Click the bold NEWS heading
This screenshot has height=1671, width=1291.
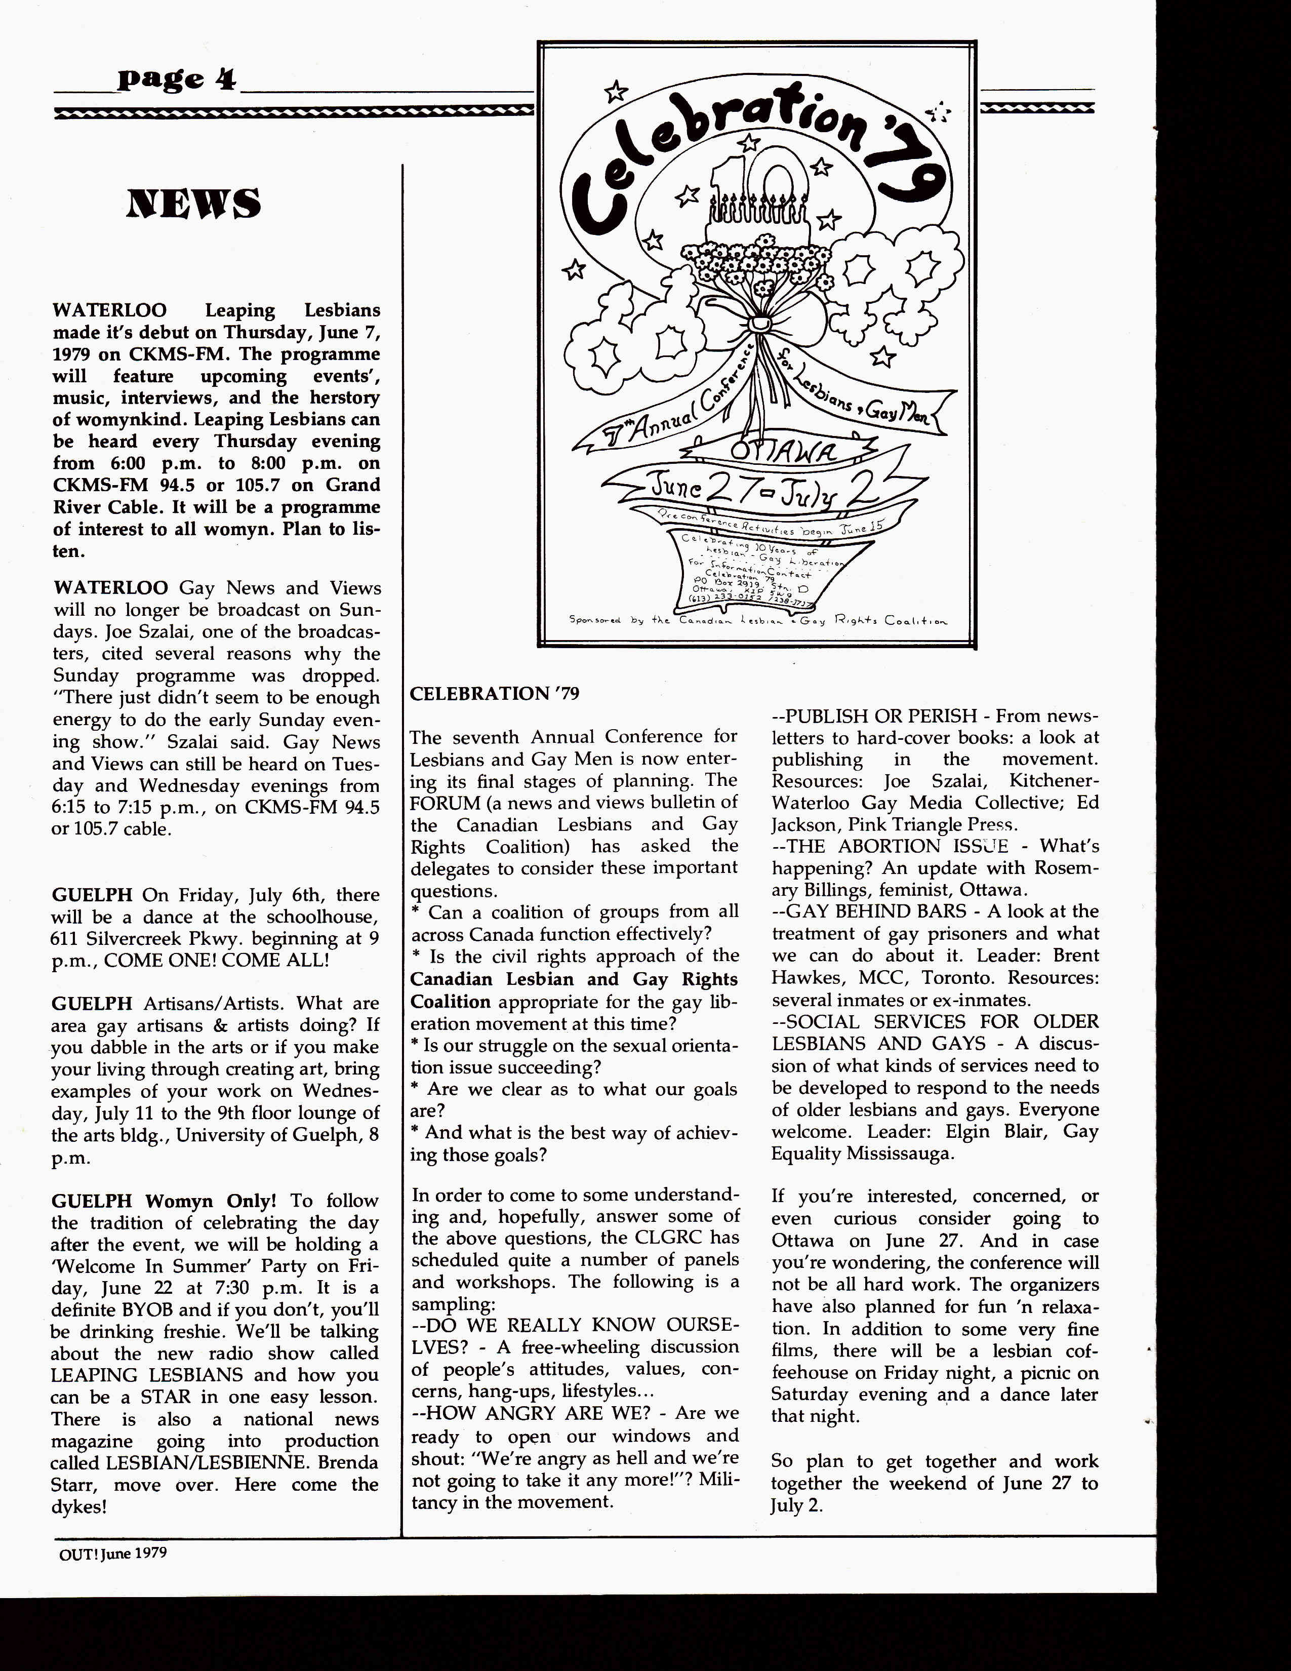pos(193,204)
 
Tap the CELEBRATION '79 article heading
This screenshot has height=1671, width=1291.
pos(494,693)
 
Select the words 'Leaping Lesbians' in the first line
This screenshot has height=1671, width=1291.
pos(292,310)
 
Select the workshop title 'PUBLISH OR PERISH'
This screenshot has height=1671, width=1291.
pos(882,716)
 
